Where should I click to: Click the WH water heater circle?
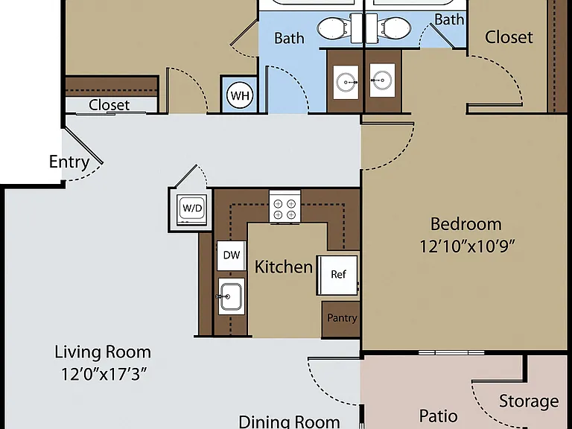click(x=240, y=95)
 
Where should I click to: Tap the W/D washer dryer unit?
click(x=192, y=209)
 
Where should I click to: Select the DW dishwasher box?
click(x=232, y=255)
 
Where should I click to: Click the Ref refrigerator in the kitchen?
click(x=337, y=275)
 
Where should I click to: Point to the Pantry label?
click(x=342, y=318)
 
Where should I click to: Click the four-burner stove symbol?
click(x=285, y=209)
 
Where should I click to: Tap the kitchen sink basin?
click(x=232, y=296)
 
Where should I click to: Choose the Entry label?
click(x=69, y=162)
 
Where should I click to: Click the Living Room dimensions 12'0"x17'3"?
click(x=104, y=374)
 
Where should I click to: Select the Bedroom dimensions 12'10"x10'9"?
click(x=467, y=247)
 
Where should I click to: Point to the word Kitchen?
click(x=284, y=267)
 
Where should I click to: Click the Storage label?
click(x=529, y=401)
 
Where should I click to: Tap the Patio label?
click(x=438, y=416)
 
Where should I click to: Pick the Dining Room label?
click(x=289, y=422)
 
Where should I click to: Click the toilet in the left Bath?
click(x=333, y=28)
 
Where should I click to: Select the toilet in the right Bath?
click(x=395, y=28)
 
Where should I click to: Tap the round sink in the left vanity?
click(x=346, y=82)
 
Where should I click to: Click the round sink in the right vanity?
click(x=382, y=80)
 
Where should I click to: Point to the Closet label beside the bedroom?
click(x=509, y=36)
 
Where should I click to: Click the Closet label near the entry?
click(x=109, y=105)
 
